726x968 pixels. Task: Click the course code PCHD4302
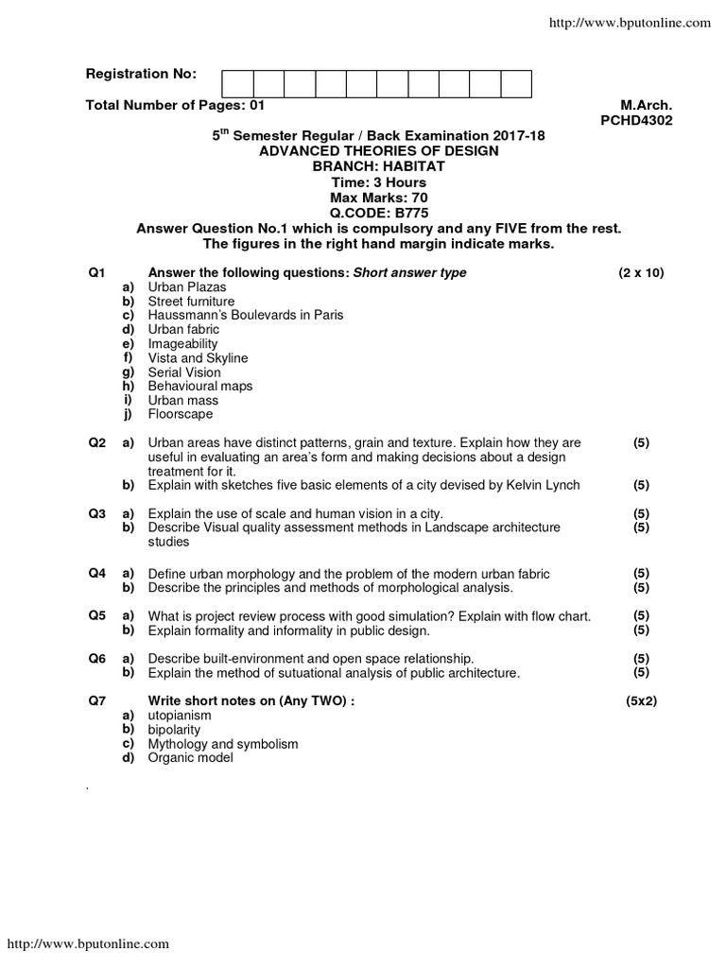(x=635, y=121)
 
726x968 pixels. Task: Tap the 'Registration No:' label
(x=141, y=74)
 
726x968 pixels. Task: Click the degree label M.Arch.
(x=646, y=106)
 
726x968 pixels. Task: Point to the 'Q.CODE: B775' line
(x=378, y=213)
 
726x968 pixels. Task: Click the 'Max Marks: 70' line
(x=378, y=198)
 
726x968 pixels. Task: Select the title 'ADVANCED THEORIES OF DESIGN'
(x=378, y=151)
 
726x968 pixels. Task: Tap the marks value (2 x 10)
(x=642, y=273)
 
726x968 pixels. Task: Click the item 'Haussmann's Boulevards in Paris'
(x=245, y=315)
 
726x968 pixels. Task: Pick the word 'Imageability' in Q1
(x=182, y=344)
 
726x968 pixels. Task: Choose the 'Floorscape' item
(x=180, y=414)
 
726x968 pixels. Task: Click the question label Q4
(x=96, y=574)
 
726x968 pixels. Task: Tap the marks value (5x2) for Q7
(x=641, y=701)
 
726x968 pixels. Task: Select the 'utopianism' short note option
(x=179, y=716)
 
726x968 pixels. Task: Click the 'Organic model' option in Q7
(x=189, y=758)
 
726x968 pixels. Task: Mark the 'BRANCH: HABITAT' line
(x=378, y=166)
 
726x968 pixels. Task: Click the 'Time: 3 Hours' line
(x=378, y=182)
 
